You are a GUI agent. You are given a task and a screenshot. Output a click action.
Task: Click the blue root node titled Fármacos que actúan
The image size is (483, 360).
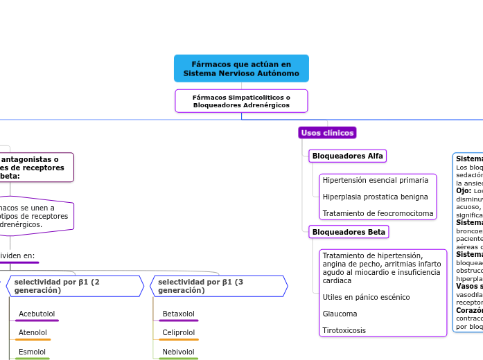pos(241,69)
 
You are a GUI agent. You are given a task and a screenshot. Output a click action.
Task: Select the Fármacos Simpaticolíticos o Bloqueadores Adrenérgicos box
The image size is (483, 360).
pos(241,101)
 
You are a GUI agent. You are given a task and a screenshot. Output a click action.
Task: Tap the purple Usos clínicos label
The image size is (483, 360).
pos(327,133)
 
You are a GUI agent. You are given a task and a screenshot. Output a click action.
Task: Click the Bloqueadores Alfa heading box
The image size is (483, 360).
pos(347,156)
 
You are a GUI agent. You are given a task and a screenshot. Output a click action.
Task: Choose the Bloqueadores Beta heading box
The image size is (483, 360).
pos(349,232)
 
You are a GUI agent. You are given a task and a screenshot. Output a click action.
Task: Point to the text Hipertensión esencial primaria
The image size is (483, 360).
pos(375,180)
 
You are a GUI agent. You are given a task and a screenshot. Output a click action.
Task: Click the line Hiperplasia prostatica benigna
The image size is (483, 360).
pos(375,197)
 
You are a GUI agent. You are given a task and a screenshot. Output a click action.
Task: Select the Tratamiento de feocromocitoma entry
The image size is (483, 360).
pos(378,213)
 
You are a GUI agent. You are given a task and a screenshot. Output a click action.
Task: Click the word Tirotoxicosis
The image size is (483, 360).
pos(344,330)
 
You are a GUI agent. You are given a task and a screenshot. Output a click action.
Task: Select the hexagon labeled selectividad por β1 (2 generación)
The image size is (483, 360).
pos(75,286)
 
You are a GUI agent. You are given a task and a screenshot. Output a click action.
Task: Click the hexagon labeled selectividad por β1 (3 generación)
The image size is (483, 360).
pos(219,286)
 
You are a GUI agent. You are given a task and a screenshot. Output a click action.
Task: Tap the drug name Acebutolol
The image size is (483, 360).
pos(37,314)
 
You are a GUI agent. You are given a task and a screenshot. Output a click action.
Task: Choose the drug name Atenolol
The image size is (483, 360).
pos(33,332)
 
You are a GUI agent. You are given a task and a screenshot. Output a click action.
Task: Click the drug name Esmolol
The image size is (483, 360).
pos(32,352)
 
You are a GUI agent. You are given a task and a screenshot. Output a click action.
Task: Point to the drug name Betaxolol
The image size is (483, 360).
pos(178,314)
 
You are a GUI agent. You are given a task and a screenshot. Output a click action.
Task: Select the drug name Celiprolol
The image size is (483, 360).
pos(178,332)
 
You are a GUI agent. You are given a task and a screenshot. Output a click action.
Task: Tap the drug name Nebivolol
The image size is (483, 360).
pos(178,352)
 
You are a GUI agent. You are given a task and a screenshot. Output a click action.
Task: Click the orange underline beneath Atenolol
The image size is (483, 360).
pos(34,340)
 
